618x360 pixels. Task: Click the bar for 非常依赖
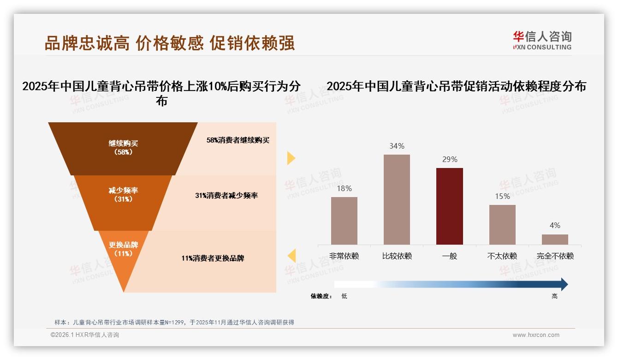point(344,221)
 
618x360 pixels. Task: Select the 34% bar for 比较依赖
point(397,199)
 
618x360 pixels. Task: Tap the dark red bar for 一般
point(449,206)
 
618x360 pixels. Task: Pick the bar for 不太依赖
point(502,224)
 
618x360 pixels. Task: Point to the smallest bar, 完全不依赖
point(555,239)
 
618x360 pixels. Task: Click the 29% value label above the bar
point(449,160)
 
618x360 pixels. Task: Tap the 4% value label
point(555,226)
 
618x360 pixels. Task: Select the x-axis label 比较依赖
point(397,256)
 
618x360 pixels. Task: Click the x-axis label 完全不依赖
point(555,256)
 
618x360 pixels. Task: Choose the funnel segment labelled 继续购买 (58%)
point(123,148)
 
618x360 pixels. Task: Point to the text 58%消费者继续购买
point(238,140)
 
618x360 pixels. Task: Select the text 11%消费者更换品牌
point(213,258)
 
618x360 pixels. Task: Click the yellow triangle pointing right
point(291,158)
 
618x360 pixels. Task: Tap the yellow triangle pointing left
point(291,256)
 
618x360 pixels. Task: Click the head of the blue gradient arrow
point(564,284)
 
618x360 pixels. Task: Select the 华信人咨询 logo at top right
point(542,40)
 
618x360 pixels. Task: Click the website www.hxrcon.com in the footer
point(536,335)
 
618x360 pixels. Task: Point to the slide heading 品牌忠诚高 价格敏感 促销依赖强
point(170,43)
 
